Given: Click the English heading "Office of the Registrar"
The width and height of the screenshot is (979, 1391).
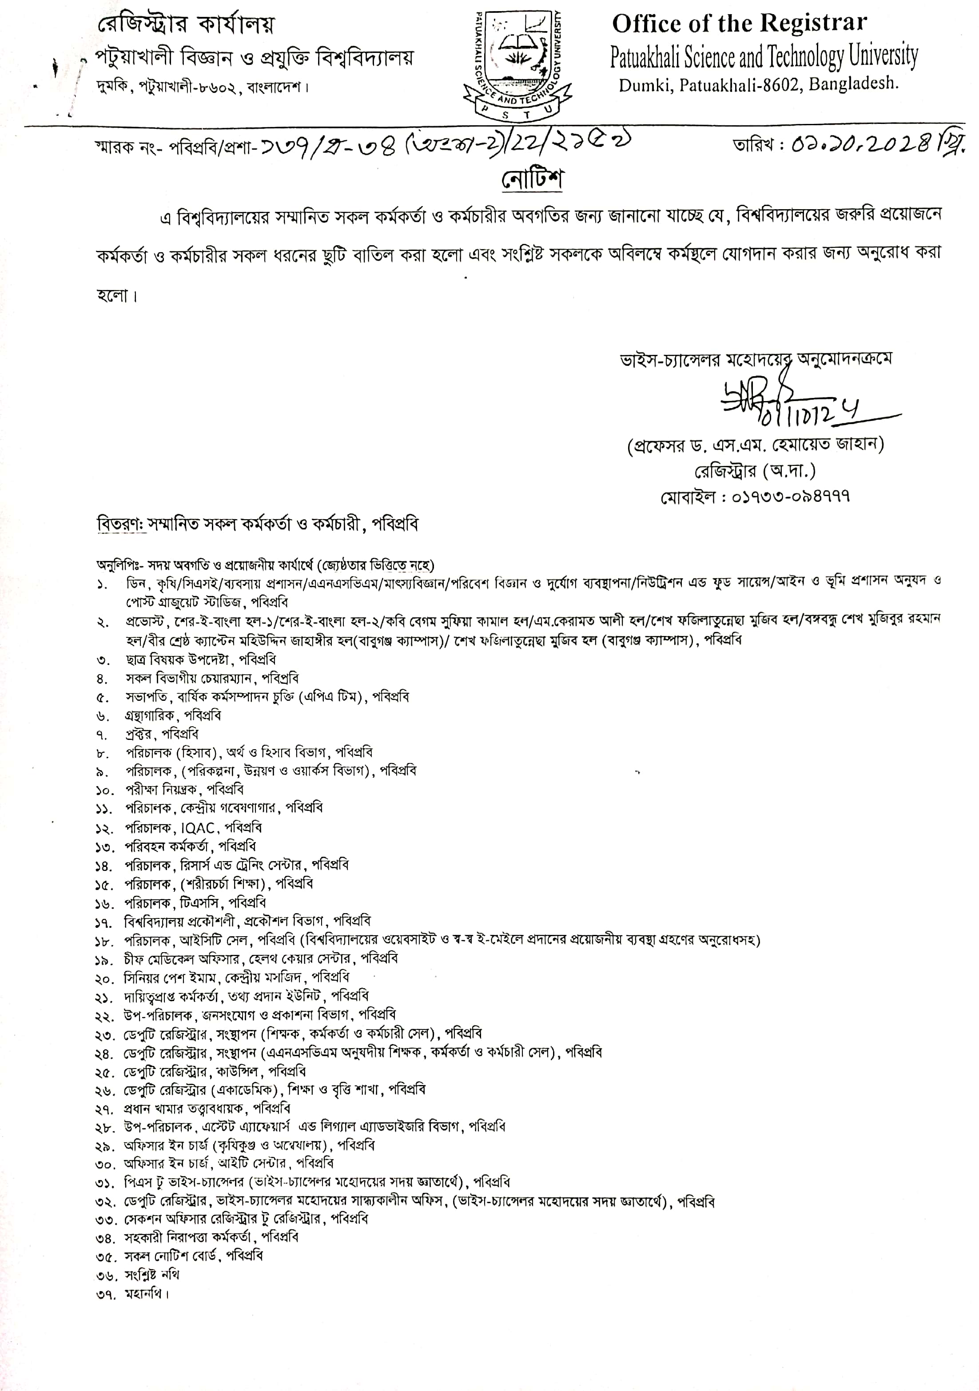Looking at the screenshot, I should (739, 24).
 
